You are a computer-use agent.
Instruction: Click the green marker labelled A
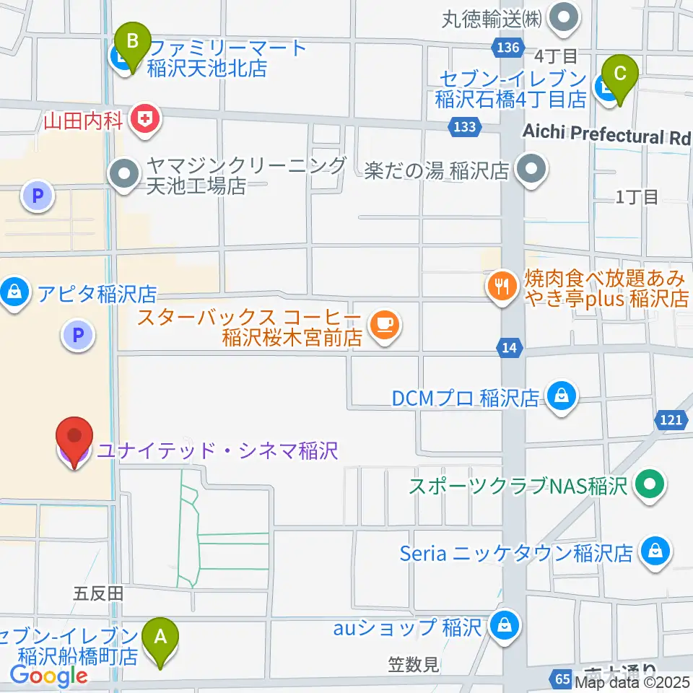point(160,638)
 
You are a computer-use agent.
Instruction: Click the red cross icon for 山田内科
point(147,118)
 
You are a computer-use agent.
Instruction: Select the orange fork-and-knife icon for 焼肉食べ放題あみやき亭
point(502,287)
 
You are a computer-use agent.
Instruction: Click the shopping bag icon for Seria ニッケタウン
point(654,552)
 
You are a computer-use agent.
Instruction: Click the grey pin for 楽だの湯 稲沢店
point(533,172)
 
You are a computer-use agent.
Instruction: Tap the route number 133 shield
point(466,127)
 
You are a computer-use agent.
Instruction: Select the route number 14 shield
point(510,348)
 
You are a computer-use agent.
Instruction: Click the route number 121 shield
point(670,419)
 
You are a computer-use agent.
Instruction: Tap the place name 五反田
point(99,594)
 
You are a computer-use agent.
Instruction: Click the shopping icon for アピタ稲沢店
point(14,293)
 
